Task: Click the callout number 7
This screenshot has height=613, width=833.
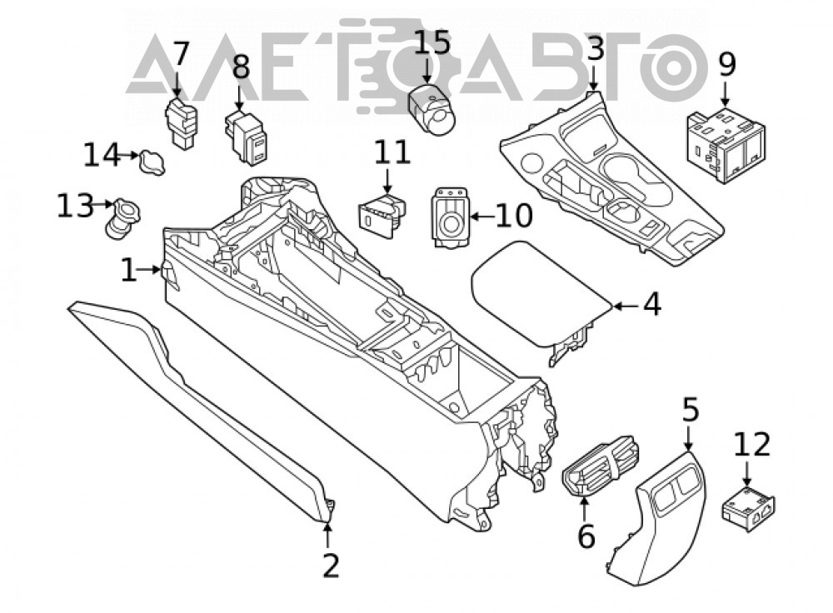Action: pos(181,53)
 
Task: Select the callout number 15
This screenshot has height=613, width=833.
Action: pos(431,42)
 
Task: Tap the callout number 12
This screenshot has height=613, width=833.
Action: pos(751,444)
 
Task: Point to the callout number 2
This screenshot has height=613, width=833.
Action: pos(331,566)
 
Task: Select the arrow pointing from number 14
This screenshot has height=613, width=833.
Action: pos(128,156)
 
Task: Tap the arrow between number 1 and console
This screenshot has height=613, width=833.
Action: pos(149,271)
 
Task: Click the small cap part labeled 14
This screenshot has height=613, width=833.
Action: pos(152,162)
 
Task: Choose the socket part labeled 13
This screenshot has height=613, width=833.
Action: pos(122,217)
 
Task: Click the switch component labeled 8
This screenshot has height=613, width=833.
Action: pos(247,137)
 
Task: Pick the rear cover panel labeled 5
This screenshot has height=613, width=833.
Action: pos(656,517)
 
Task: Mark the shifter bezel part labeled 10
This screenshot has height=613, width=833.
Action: pos(451,217)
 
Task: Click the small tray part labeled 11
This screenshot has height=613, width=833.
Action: pos(382,214)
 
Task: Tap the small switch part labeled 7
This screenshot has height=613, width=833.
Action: pos(181,124)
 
